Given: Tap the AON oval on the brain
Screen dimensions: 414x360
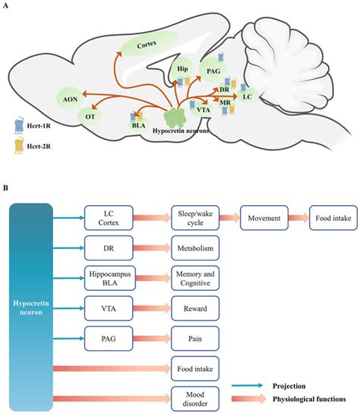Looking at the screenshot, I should point(69,97).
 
